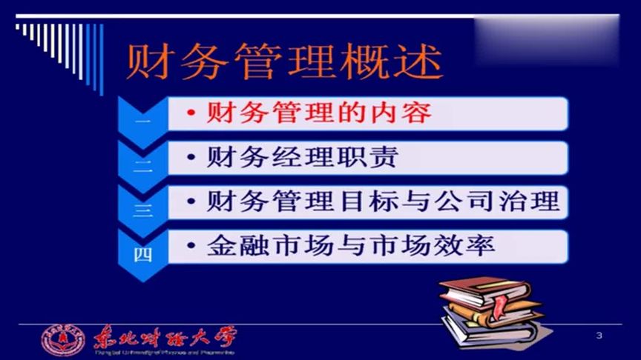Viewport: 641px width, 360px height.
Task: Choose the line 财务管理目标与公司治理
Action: pos(382,201)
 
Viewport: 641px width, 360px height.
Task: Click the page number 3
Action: pos(599,338)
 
